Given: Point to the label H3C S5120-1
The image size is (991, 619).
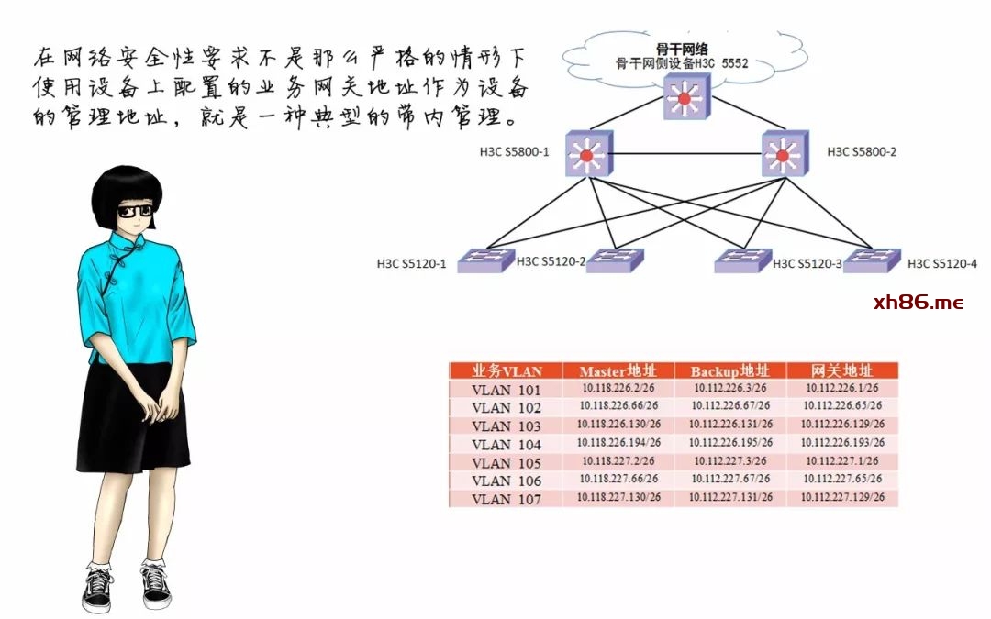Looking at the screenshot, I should (x=411, y=264).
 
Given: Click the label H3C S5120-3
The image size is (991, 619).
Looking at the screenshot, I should (x=807, y=264).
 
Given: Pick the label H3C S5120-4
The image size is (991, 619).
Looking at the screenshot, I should (x=942, y=264).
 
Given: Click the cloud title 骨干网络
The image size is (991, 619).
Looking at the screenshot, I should (x=685, y=50).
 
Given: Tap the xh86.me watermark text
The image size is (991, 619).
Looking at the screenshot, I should (x=919, y=303).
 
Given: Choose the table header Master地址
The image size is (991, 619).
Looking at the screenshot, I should (x=618, y=371).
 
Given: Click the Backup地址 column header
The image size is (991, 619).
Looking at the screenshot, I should (x=730, y=371).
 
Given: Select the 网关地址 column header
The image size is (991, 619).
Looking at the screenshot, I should (x=842, y=371).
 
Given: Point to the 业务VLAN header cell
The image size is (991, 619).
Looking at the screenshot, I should (x=507, y=371).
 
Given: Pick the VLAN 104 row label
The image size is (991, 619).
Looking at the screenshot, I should (x=506, y=444).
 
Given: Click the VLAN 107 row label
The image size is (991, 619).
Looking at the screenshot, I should (x=506, y=499).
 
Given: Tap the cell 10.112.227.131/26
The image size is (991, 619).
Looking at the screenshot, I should (x=731, y=497).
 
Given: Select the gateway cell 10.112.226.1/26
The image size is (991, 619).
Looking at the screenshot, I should (x=842, y=388).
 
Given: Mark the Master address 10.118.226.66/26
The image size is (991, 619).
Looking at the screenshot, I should (x=618, y=406).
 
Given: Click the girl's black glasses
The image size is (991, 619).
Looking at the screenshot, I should (x=136, y=210).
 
